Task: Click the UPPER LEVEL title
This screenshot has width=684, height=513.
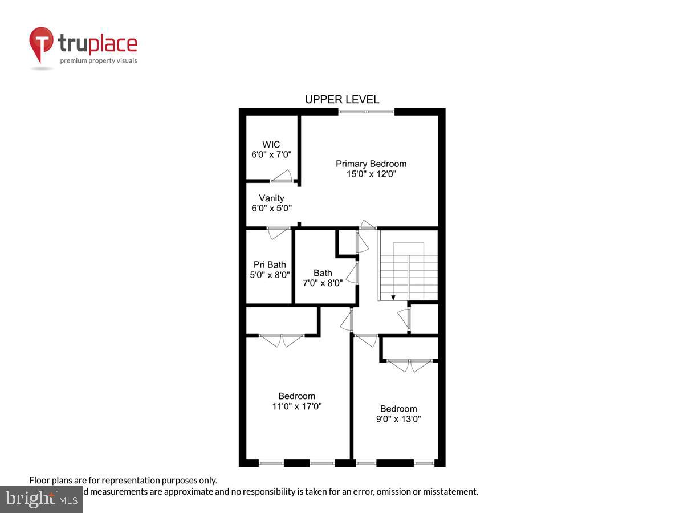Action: [341, 99]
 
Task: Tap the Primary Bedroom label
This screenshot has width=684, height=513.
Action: [370, 164]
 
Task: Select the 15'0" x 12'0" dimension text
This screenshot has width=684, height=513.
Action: [370, 174]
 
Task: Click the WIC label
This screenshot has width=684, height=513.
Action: [271, 145]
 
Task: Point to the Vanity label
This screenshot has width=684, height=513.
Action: [271, 198]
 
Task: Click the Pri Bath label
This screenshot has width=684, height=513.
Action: [270, 264]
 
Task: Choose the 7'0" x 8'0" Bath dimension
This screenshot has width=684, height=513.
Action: [323, 283]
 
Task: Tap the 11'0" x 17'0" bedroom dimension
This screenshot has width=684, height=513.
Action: [296, 406]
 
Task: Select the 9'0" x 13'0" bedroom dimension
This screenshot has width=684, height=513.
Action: [398, 419]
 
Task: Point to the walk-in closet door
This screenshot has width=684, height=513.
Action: [282, 178]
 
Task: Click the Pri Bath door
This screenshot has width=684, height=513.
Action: [279, 231]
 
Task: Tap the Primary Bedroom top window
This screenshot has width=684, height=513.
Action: [366, 112]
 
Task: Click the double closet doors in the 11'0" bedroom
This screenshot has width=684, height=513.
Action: [282, 340]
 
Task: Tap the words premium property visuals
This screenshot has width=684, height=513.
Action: [99, 60]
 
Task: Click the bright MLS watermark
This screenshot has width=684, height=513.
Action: [41, 499]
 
